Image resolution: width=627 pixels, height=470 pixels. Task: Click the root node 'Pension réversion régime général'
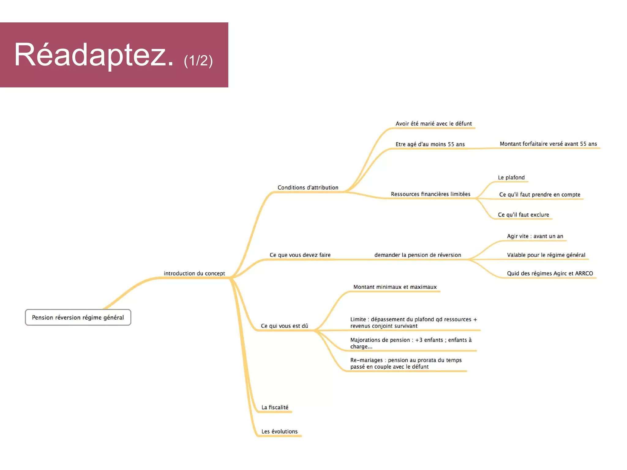[78, 318]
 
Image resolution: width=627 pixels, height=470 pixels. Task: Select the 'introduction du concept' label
[194, 273]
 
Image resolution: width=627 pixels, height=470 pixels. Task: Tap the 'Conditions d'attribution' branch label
[308, 188]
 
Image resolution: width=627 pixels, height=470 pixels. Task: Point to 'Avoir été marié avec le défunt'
[434, 124]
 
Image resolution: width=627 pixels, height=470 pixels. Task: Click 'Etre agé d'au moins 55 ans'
[430, 144]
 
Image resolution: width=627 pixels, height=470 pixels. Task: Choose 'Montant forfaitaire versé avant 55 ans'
[548, 144]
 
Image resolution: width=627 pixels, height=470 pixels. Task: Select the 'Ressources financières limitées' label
[430, 194]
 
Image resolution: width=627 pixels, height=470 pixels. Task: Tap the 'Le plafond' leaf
[511, 178]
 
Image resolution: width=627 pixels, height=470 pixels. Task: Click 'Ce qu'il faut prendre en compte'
[539, 195]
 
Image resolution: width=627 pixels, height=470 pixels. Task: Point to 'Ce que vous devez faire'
[300, 255]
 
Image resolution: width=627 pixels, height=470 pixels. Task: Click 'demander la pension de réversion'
[418, 255]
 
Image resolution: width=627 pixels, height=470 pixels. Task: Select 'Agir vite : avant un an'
[535, 236]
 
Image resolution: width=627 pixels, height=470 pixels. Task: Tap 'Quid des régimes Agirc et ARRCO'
[550, 273]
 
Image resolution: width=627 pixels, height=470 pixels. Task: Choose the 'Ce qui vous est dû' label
[284, 326]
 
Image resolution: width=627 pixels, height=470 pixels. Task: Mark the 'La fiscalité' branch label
[275, 408]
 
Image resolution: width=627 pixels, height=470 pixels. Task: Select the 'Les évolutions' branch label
[279, 432]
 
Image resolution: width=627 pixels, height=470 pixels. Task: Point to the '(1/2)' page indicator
[198, 61]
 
